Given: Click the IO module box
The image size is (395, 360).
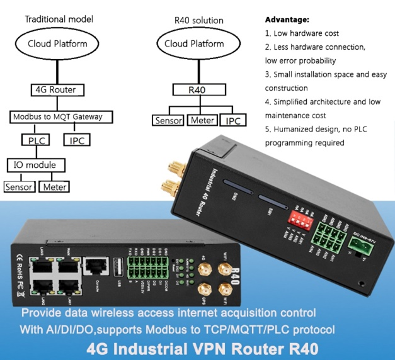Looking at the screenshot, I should click(35, 165).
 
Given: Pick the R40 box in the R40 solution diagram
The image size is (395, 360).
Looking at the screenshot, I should click(197, 89).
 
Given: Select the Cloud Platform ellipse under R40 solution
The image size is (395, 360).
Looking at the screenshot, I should click(194, 44).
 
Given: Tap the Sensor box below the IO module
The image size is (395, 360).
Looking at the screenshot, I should click(18, 187).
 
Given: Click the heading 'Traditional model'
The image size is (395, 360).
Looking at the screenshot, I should click(59, 19).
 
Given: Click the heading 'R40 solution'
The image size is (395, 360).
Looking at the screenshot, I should click(193, 19).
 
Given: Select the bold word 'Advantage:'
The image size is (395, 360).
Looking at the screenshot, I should click(287, 20).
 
